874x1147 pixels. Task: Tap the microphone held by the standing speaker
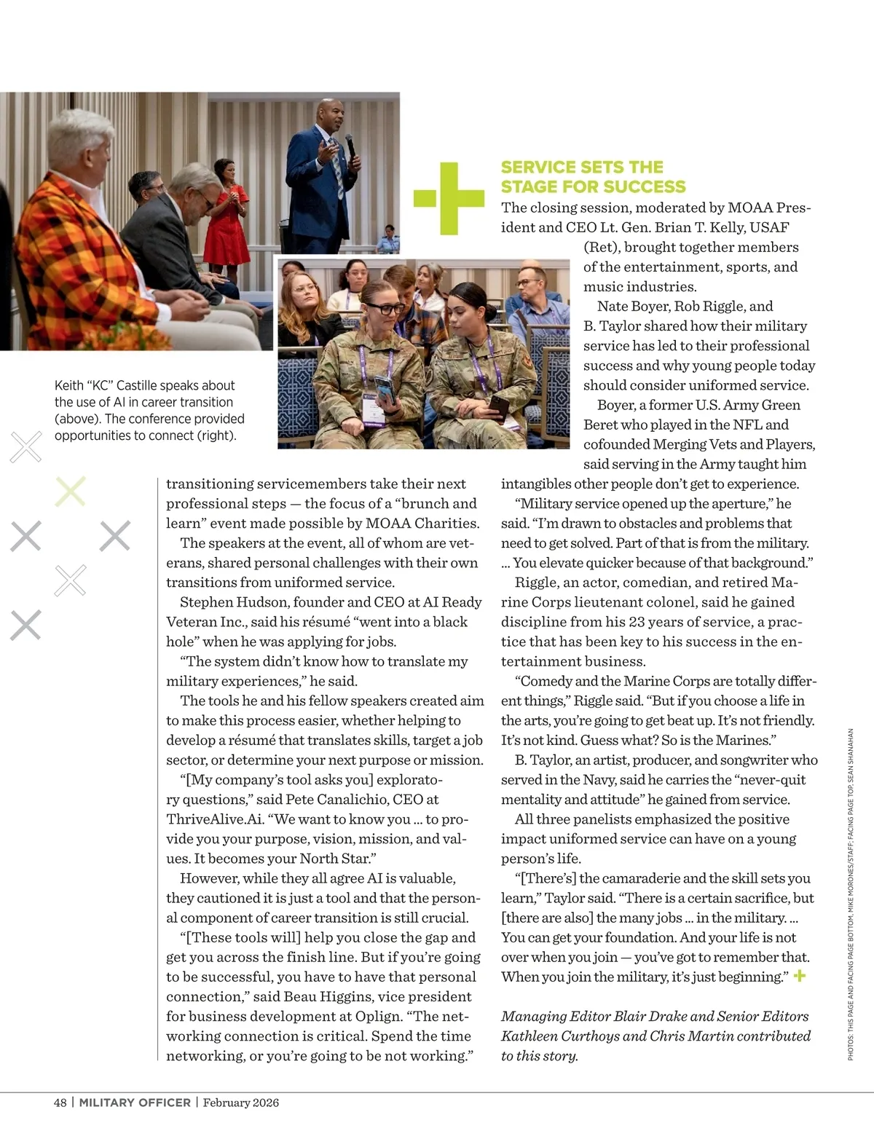tap(350, 146)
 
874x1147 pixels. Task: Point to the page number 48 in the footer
tap(60, 1103)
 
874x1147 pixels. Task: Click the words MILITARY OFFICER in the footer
tap(135, 1103)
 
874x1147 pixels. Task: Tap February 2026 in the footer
tap(241, 1103)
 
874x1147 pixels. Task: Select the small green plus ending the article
tap(800, 976)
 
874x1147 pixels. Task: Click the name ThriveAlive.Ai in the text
tap(214, 819)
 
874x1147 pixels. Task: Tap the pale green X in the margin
tap(71, 492)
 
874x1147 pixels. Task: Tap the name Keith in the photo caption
tap(69, 385)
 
